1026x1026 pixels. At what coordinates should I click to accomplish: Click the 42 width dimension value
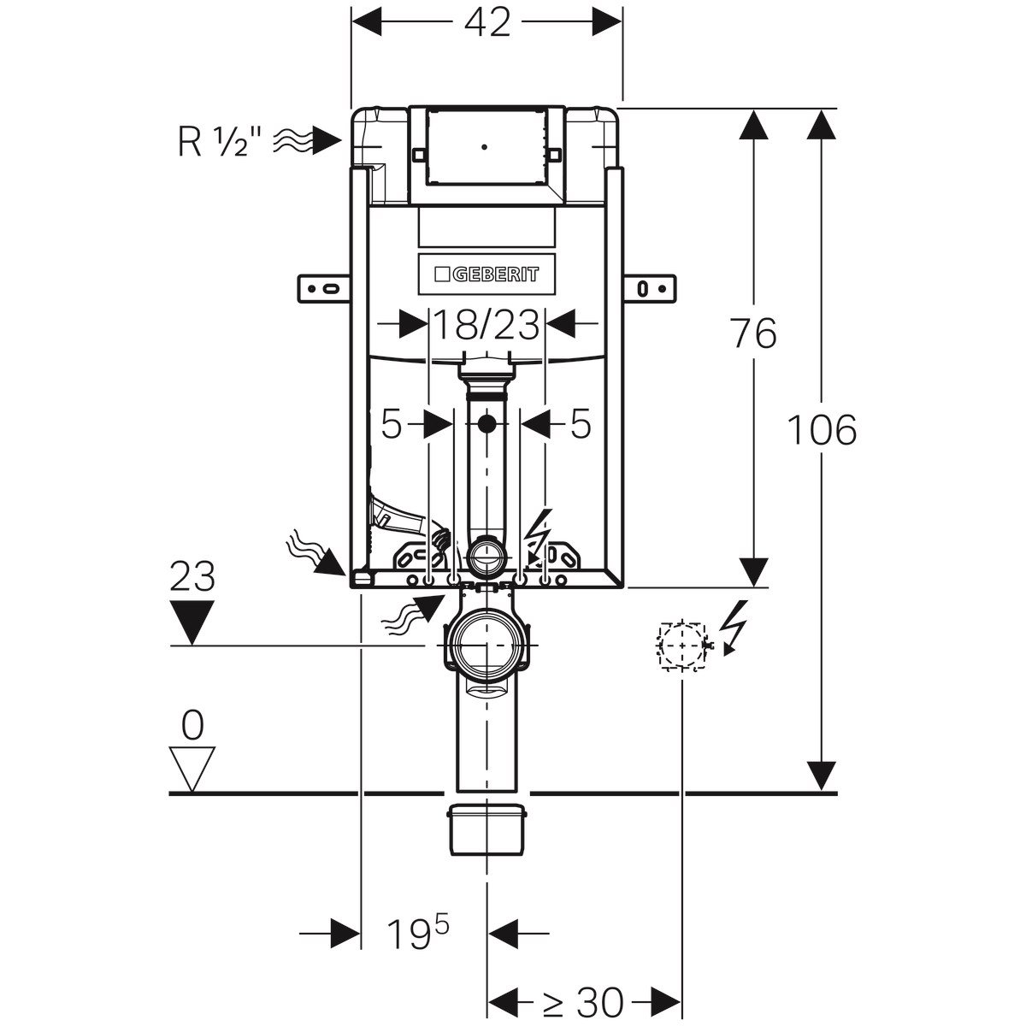pyautogui.click(x=487, y=23)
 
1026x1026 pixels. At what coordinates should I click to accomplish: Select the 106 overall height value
pyautogui.click(x=821, y=429)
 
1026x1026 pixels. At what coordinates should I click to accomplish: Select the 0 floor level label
pyautogui.click(x=192, y=727)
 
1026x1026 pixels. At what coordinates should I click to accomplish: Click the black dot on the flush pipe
pyautogui.click(x=486, y=422)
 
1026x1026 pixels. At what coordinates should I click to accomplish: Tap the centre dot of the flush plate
pyautogui.click(x=485, y=146)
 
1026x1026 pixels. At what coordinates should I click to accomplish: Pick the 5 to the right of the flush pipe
pyautogui.click(x=581, y=424)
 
